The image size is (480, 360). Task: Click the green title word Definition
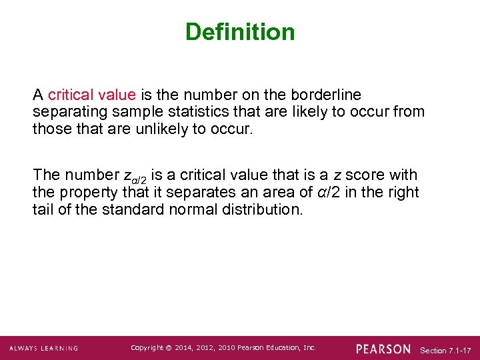[240, 32]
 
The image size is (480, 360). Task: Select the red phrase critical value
[92, 95]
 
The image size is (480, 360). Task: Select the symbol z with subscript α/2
[135, 177]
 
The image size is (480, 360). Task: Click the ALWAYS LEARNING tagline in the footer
[44, 349]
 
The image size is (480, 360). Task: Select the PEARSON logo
[383, 349]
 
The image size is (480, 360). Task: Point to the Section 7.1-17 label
[446, 350]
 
